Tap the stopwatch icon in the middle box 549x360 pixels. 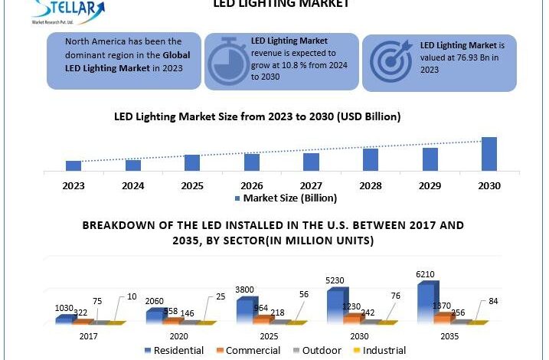[x=226, y=59]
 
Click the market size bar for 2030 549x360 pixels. [x=489, y=153]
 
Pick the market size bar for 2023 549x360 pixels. [x=74, y=165]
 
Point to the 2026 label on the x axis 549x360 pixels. [x=252, y=185]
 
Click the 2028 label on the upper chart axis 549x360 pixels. [x=371, y=185]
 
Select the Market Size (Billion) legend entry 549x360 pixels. [x=284, y=198]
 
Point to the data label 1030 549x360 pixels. [x=64, y=308]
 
